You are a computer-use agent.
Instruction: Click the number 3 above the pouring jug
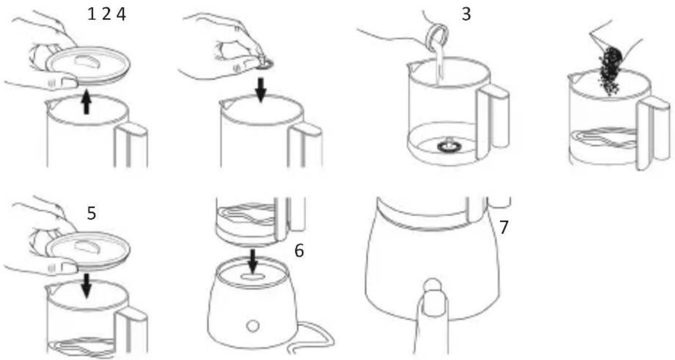point(466,14)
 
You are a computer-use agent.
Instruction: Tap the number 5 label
point(92,213)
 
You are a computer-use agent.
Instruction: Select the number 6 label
point(299,251)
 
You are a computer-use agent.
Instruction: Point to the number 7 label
point(504,227)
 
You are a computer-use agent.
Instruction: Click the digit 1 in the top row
point(92,14)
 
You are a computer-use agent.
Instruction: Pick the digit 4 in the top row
point(121,14)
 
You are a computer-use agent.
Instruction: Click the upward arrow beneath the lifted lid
point(86,102)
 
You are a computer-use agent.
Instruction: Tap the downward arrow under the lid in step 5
point(87,285)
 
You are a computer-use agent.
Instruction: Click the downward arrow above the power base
point(253,260)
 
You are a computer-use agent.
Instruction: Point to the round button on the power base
point(253,326)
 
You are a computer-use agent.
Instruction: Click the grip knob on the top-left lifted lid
point(87,62)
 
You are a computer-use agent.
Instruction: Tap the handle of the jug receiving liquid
point(492,121)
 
